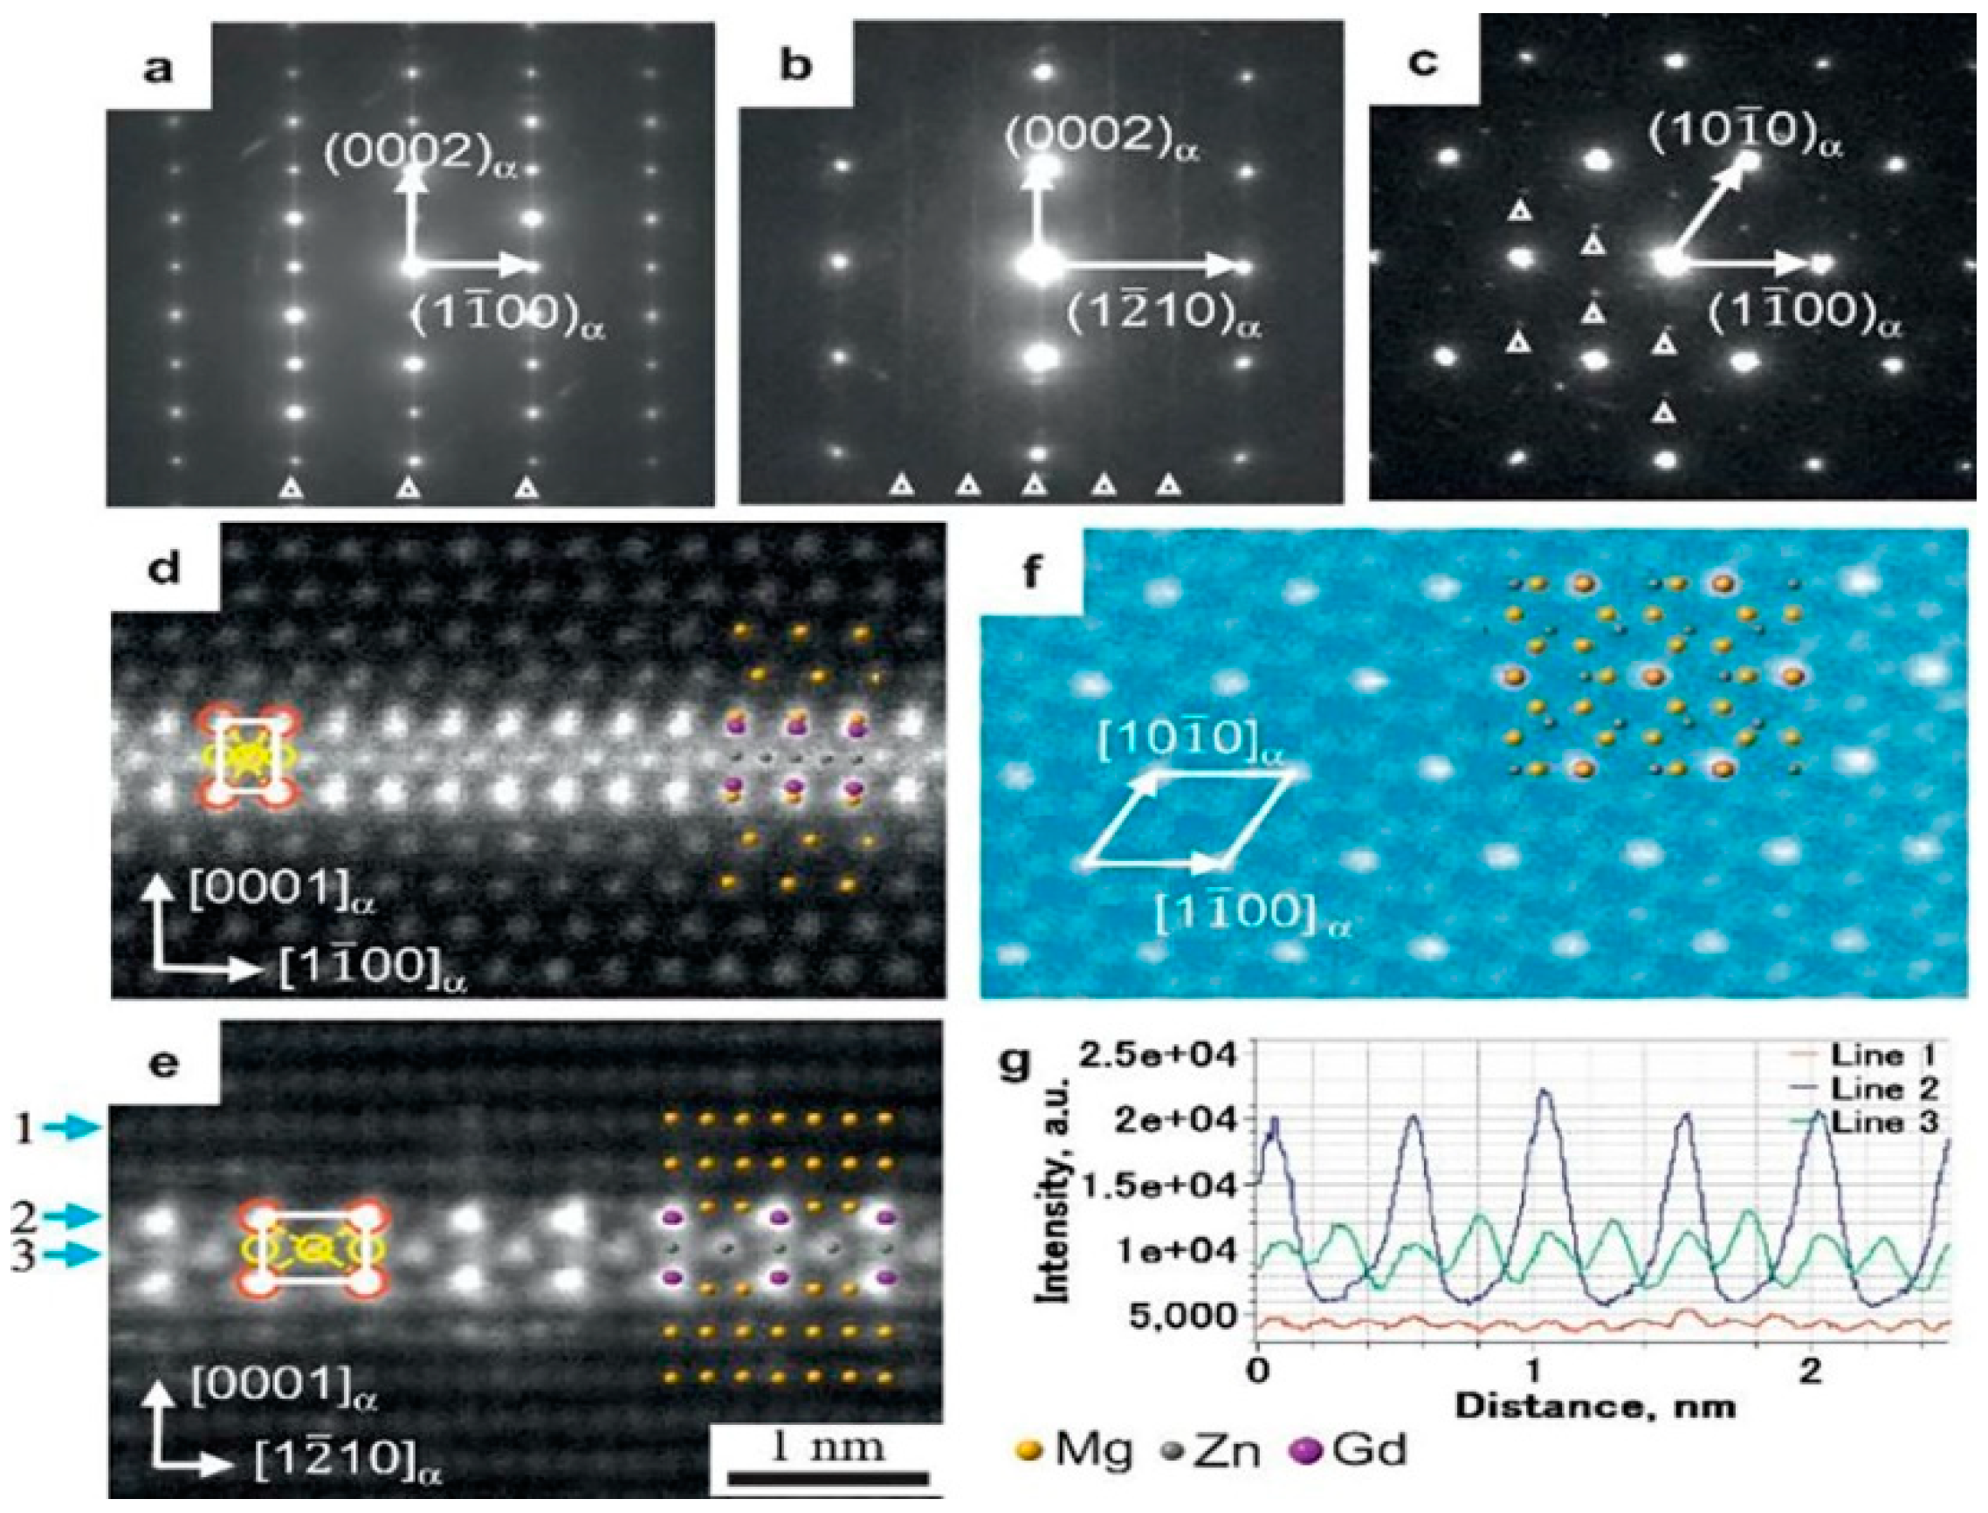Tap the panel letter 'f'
[1030, 574]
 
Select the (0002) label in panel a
[422, 158]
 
